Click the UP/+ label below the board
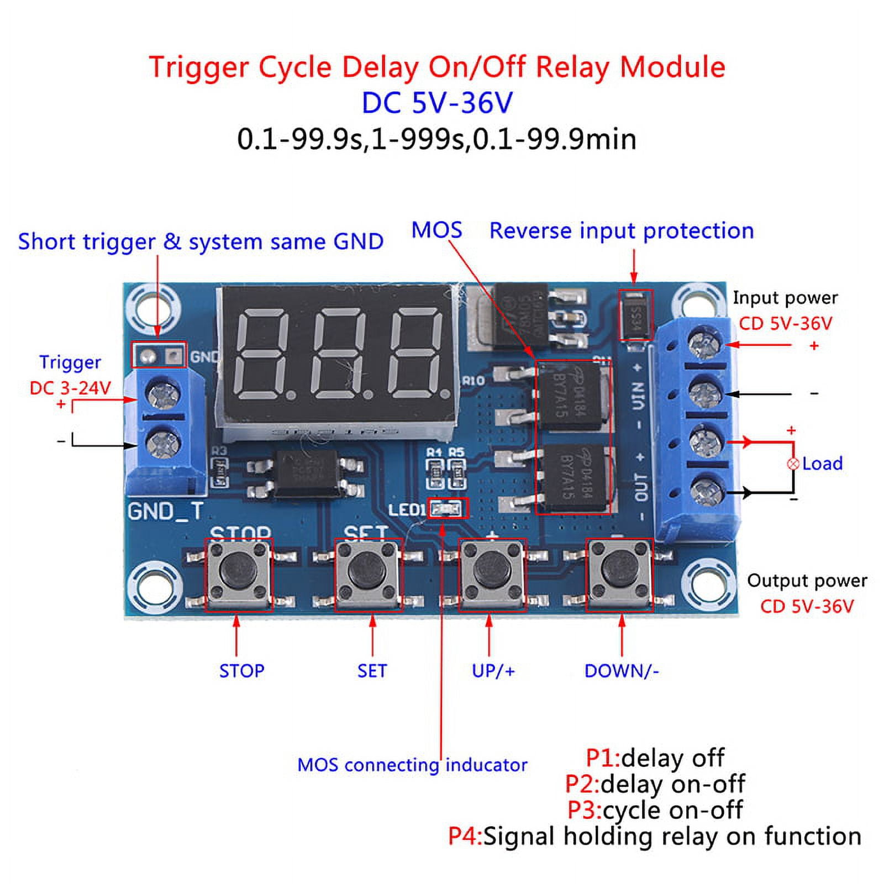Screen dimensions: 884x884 pyautogui.click(x=493, y=671)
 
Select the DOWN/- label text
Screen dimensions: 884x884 pyautogui.click(x=622, y=671)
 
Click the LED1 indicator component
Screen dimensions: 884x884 pyautogui.click(x=446, y=508)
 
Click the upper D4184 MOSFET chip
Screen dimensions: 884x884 pyautogui.click(x=569, y=396)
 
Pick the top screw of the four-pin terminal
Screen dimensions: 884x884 pyautogui.click(x=704, y=343)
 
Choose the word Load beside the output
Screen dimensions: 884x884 pyautogui.click(x=822, y=464)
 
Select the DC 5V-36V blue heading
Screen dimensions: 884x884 pyautogui.click(x=437, y=103)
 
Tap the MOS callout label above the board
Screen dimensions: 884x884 pyautogui.click(x=436, y=230)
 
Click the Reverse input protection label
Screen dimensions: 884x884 pyautogui.click(x=622, y=231)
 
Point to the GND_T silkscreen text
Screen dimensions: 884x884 pyautogui.click(x=165, y=511)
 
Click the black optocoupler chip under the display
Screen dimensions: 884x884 pyautogui.click(x=307, y=473)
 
